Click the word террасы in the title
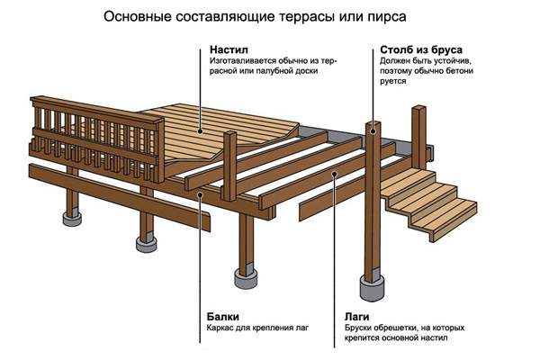(328, 15)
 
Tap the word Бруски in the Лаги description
(360, 330)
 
